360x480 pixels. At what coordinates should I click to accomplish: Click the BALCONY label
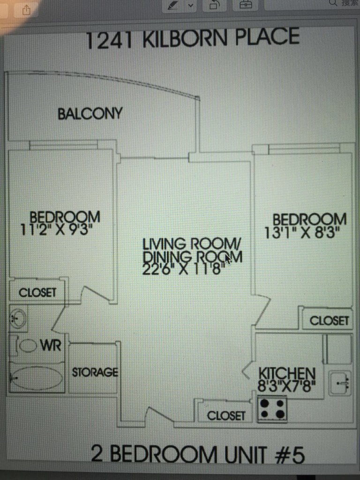point(90,113)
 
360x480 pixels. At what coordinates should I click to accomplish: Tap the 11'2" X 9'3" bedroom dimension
point(56,229)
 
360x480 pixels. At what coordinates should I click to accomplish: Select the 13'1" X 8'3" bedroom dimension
point(302,233)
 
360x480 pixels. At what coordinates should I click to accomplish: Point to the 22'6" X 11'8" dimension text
point(183,269)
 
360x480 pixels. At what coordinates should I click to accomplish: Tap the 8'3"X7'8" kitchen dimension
point(286,386)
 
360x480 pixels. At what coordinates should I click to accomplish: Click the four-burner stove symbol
point(272,409)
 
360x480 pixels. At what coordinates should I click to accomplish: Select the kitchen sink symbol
point(340,383)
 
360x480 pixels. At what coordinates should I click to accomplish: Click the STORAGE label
point(95,372)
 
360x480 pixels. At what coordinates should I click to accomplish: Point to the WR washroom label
point(51,345)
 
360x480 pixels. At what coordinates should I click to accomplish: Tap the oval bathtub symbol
point(37,378)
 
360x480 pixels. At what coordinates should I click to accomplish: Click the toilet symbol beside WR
point(27,345)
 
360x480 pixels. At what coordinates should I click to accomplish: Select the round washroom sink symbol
point(18,318)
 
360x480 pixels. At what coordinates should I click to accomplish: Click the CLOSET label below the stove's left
point(226,416)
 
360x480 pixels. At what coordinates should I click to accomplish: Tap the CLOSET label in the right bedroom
point(330,321)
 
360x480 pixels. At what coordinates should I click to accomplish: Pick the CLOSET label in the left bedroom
point(37,292)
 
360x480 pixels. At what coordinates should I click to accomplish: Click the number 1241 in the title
point(109,40)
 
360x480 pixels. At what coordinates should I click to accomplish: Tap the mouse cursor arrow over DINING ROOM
point(228,258)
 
